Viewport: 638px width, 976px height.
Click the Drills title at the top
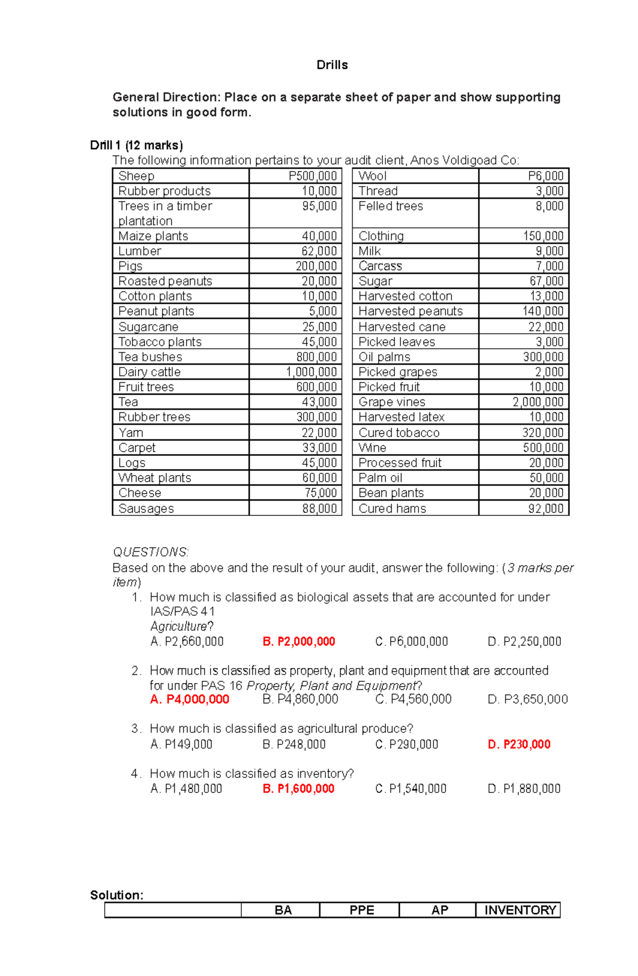pyautogui.click(x=332, y=65)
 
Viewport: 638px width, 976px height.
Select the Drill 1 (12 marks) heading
pyautogui.click(x=136, y=145)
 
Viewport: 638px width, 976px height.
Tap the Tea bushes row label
pyautogui.click(x=150, y=357)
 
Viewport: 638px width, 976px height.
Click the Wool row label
pyautogui.click(x=372, y=176)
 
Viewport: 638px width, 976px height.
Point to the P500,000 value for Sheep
pyautogui.click(x=313, y=176)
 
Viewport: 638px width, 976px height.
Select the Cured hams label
pyautogui.click(x=392, y=508)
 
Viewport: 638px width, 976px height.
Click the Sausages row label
pyautogui.click(x=146, y=508)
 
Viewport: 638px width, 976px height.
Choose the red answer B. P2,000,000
pyautogui.click(x=299, y=641)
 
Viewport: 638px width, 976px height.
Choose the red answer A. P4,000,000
pyautogui.click(x=190, y=699)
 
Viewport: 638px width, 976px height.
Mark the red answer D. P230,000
pyautogui.click(x=519, y=745)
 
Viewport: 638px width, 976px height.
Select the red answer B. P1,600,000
pyautogui.click(x=298, y=789)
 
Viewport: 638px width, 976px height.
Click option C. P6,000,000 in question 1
pyautogui.click(x=412, y=641)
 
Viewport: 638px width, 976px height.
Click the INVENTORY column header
pyautogui.click(x=519, y=910)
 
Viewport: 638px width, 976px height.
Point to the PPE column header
pyautogui.click(x=362, y=910)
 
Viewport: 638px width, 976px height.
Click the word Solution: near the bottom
pyautogui.click(x=117, y=895)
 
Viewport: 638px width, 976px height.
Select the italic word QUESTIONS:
pyautogui.click(x=150, y=552)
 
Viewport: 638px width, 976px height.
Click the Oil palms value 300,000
pyautogui.click(x=543, y=357)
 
